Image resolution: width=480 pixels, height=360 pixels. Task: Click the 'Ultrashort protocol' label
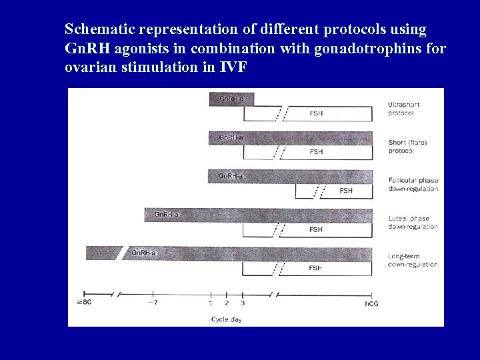tap(405, 109)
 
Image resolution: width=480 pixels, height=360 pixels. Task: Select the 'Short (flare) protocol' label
tap(407, 147)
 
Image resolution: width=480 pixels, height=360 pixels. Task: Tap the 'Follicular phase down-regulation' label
tap(413, 185)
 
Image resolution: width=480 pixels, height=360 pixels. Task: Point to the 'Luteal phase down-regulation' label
tap(413, 223)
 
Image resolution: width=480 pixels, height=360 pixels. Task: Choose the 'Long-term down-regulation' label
tap(413, 261)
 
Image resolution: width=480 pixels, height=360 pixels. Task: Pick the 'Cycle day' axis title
tap(226, 319)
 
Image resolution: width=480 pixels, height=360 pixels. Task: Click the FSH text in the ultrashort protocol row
tap(317, 114)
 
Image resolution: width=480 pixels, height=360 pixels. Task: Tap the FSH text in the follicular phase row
tap(346, 191)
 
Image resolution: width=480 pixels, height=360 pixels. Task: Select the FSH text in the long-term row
tap(315, 267)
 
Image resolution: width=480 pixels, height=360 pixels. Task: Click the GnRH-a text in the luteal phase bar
tap(167, 214)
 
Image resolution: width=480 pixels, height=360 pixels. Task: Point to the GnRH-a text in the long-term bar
tap(143, 253)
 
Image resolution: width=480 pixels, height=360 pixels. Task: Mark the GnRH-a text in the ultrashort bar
tap(231, 99)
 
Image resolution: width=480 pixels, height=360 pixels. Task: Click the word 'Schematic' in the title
tap(97, 30)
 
